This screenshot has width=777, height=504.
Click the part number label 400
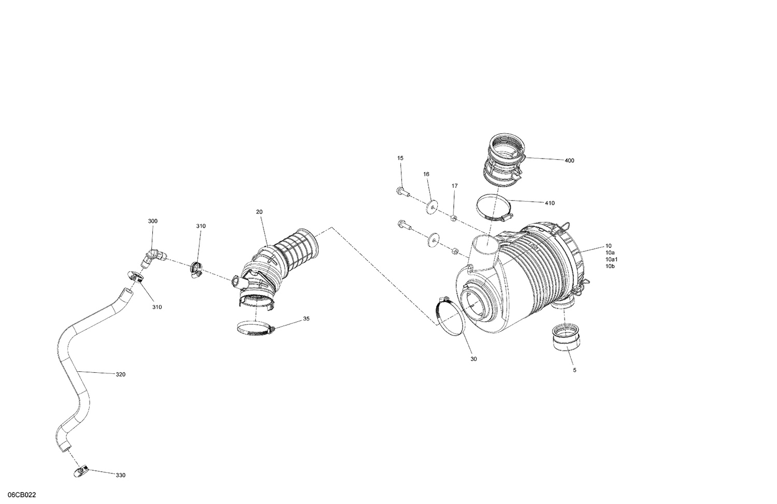tap(569, 161)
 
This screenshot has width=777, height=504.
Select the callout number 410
tap(550, 203)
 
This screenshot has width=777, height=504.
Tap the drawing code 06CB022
tap(22, 495)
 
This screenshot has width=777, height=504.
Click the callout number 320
tap(120, 374)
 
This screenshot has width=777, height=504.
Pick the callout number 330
tap(120, 475)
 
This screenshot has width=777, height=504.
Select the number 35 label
tap(306, 319)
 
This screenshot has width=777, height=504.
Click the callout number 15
tap(400, 158)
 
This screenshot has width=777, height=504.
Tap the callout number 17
tap(454, 186)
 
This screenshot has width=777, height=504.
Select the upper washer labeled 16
tap(431, 207)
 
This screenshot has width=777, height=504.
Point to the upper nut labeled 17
tap(454, 217)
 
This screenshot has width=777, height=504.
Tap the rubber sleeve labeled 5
tap(566, 338)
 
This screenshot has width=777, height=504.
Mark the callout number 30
tap(473, 359)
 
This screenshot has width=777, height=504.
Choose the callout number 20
tap(259, 212)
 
